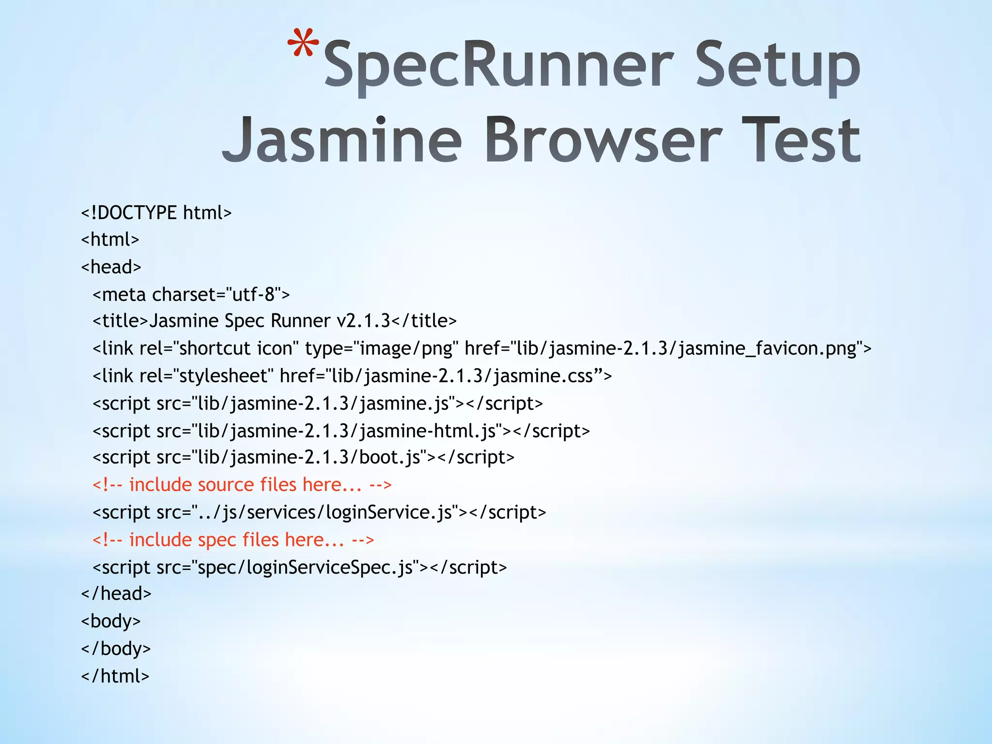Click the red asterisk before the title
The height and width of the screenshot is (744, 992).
click(x=303, y=45)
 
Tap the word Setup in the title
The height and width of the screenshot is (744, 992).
click(x=777, y=65)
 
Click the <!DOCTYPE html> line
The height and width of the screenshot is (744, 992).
click(x=156, y=213)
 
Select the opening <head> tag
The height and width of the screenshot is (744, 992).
click(x=111, y=267)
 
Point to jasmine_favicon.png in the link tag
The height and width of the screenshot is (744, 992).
click(x=767, y=349)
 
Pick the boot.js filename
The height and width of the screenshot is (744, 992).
click(x=389, y=457)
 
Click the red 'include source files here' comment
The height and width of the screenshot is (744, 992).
click(x=242, y=485)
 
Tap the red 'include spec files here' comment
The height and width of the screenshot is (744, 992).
click(x=233, y=540)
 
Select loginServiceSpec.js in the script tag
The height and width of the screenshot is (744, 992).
click(x=330, y=567)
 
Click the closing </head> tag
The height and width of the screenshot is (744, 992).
click(x=116, y=594)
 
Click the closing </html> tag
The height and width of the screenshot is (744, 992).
click(x=115, y=676)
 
